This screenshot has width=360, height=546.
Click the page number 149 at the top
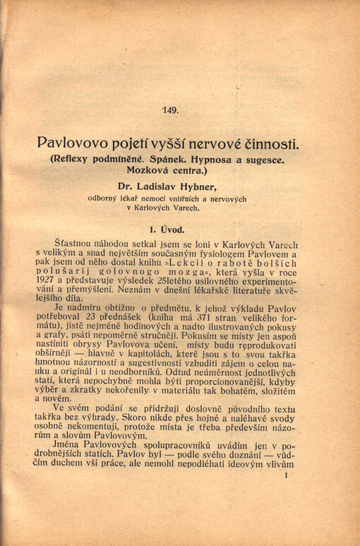coord(170,109)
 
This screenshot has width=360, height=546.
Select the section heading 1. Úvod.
coord(167,229)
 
